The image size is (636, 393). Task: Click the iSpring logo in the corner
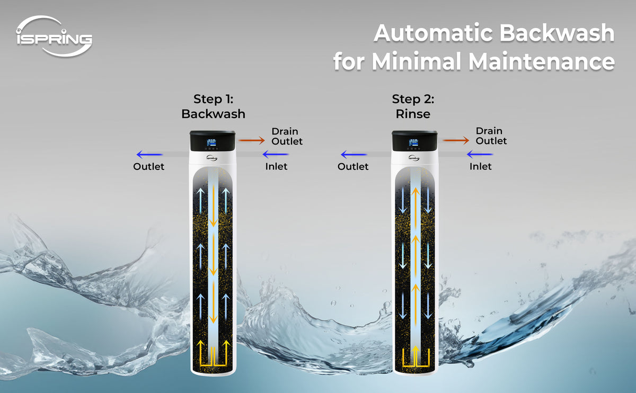54,37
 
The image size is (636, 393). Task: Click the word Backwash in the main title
557,33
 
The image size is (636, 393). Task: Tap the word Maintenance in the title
542,61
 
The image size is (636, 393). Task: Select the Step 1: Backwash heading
213,106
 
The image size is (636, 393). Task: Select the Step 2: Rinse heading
413,106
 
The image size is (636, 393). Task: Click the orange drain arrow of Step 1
252,140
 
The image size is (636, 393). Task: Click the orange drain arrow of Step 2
456,140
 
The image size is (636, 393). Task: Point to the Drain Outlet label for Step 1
287,136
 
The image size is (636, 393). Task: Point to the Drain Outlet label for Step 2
491,136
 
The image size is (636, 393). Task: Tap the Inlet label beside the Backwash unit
276,166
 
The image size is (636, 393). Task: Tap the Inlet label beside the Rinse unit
480,166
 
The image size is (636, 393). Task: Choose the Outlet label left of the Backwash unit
149,166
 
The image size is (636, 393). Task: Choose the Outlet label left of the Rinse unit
353,166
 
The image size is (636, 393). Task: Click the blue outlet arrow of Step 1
149,154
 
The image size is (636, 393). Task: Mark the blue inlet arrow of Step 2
480,154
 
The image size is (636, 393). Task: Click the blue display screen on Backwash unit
211,142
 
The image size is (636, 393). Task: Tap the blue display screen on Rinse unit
413,142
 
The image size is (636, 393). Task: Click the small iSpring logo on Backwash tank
212,158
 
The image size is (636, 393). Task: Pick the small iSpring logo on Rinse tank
414,158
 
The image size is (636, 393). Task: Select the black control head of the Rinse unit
414,141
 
